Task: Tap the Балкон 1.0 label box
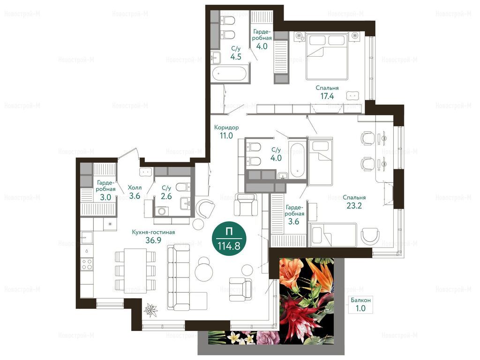(360, 304)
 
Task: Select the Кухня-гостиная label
(153, 232)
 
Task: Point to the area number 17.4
(327, 96)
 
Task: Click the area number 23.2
(354, 205)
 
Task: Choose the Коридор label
(226, 127)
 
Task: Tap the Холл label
(135, 187)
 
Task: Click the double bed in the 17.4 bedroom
(327, 56)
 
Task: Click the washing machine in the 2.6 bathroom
(161, 211)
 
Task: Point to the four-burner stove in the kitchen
(87, 264)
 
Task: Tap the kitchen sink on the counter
(87, 238)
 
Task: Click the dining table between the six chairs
(135, 270)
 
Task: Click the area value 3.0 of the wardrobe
(105, 197)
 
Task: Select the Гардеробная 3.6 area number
(293, 221)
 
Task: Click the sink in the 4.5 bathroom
(216, 57)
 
